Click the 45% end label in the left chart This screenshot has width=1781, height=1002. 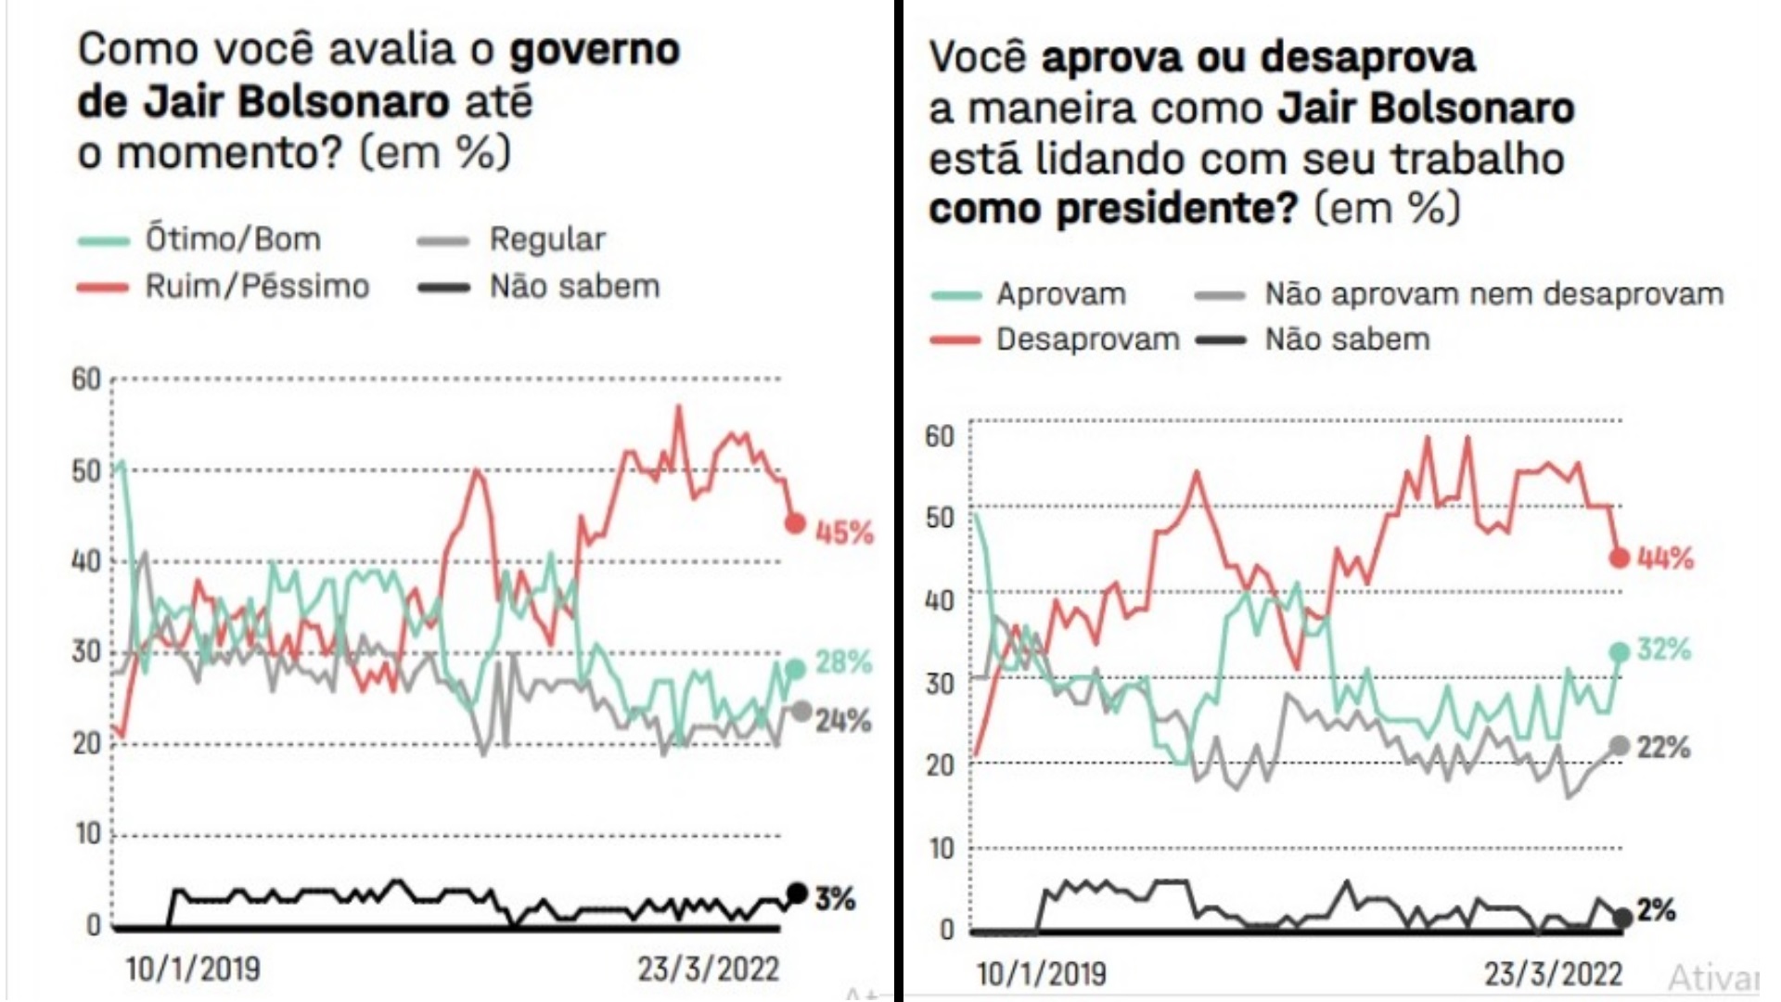click(x=844, y=533)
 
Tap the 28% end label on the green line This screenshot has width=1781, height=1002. click(x=843, y=662)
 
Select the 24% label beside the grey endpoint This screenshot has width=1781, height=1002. click(x=843, y=721)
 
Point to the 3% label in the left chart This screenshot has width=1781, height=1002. click(x=835, y=898)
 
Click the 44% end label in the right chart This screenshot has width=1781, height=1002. click(x=1666, y=559)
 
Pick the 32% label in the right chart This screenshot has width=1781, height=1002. click(x=1664, y=649)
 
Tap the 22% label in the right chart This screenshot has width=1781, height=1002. click(x=1663, y=748)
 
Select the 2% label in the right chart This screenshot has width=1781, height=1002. click(x=1657, y=911)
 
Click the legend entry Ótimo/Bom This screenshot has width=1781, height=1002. click(x=232, y=239)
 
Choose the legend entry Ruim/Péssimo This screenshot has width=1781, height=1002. click(x=256, y=286)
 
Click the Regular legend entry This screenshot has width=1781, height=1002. click(x=547, y=239)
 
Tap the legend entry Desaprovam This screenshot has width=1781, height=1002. click(x=1087, y=340)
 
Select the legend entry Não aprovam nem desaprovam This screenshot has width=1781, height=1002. click(x=1493, y=294)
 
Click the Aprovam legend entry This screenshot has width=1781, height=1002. click(x=1061, y=294)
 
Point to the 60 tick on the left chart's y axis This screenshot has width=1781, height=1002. click(x=86, y=379)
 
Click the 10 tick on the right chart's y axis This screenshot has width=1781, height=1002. click(x=941, y=848)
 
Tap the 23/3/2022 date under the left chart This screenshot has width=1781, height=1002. click(x=708, y=970)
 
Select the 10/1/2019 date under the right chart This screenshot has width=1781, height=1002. click(x=1041, y=974)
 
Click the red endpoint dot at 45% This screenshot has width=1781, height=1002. click(x=795, y=524)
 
